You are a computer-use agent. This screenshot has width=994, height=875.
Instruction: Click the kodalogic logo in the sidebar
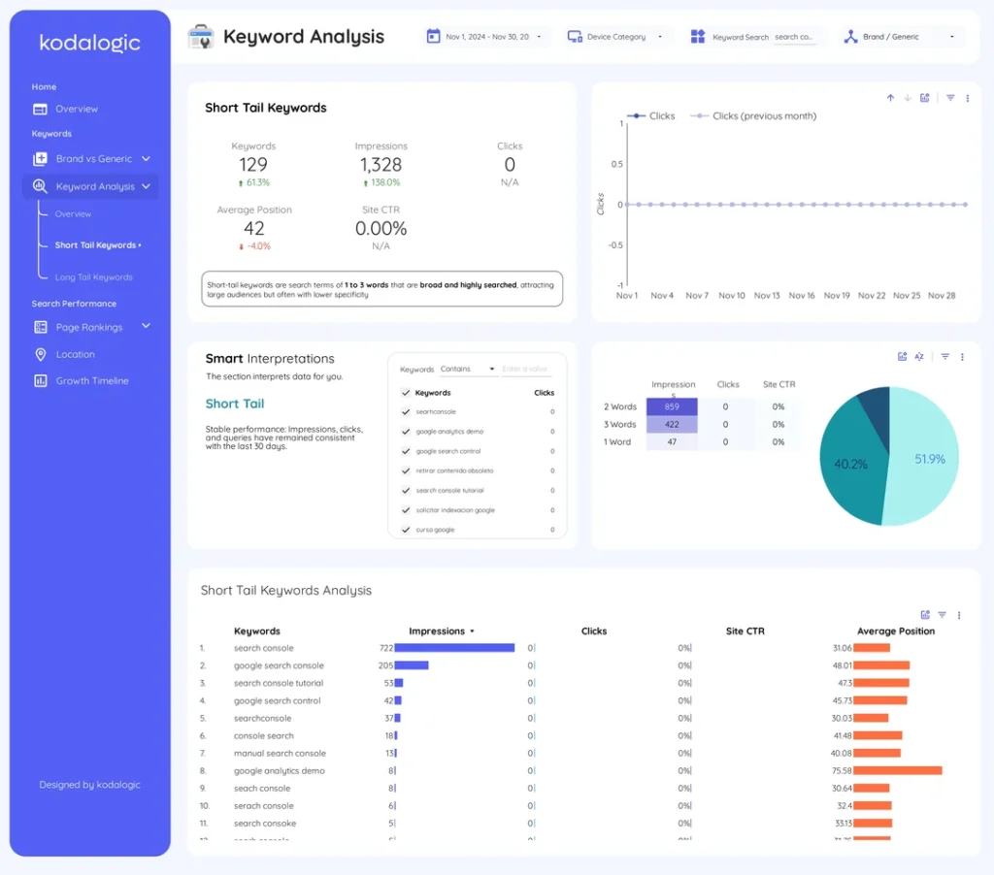[89, 43]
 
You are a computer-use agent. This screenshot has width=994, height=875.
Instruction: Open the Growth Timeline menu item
[91, 381]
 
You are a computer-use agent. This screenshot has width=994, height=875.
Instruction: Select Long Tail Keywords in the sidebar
[93, 277]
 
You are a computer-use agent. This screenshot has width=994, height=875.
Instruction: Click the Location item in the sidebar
[75, 354]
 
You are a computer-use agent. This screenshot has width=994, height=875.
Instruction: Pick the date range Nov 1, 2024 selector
[486, 37]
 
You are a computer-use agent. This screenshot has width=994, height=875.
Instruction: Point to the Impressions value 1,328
[381, 165]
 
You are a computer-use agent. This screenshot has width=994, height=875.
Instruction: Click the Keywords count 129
[253, 165]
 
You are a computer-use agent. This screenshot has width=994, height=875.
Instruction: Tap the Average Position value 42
[254, 228]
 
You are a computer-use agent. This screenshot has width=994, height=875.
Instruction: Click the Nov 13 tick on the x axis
[767, 295]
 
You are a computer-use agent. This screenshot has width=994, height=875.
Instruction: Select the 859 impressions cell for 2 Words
[672, 406]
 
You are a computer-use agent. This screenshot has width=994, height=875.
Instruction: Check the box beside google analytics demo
[406, 432]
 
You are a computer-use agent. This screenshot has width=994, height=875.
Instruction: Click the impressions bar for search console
[454, 648]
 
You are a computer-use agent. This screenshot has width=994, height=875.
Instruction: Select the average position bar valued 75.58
[898, 771]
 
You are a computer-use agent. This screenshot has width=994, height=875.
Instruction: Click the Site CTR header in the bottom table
[745, 631]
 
